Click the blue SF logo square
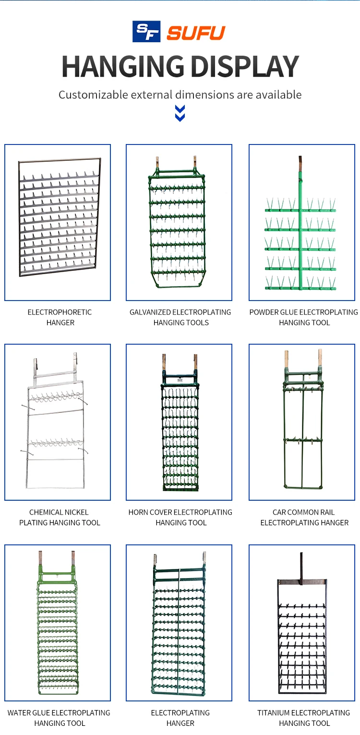pyautogui.click(x=147, y=32)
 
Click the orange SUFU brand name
pyautogui.click(x=196, y=33)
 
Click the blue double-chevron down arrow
pyautogui.click(x=180, y=113)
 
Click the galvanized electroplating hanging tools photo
pyautogui.click(x=179, y=223)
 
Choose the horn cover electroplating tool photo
pyautogui.click(x=179, y=422)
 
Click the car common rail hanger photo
pyautogui.click(x=302, y=422)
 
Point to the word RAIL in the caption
pyautogui.click(x=326, y=512)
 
